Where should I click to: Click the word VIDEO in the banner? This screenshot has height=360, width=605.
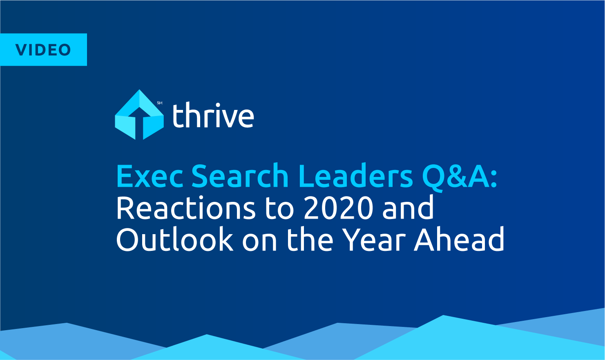click(43, 50)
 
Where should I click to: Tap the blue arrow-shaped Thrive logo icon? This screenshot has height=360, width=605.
click(139, 114)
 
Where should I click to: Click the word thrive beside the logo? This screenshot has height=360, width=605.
click(213, 115)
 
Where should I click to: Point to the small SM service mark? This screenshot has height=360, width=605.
click(160, 103)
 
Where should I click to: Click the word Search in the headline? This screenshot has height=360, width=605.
click(240, 175)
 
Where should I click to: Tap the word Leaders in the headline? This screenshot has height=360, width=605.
click(356, 175)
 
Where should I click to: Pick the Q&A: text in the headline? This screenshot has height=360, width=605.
click(460, 177)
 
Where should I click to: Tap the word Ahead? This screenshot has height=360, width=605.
click(459, 239)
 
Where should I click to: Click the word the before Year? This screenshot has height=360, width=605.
click(310, 239)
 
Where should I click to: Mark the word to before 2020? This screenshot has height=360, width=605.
click(279, 210)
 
